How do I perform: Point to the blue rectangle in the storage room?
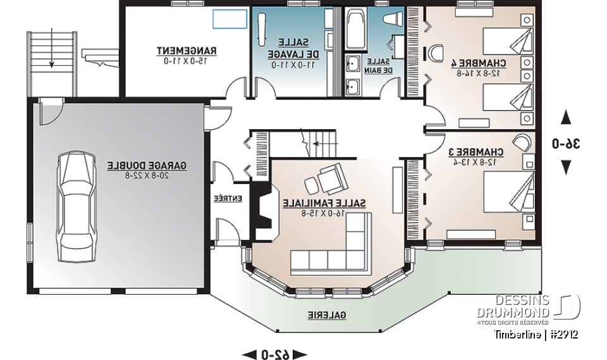[x=228, y=19]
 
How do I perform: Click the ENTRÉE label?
[x=228, y=198]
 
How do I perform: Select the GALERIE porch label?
[x=327, y=314]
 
